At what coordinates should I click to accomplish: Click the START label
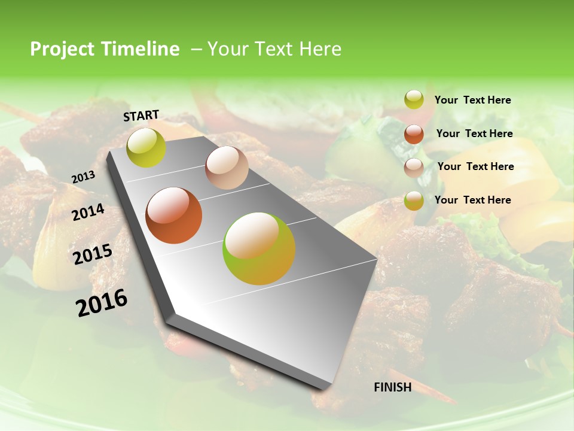click(141, 116)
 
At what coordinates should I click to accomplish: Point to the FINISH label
click(393, 387)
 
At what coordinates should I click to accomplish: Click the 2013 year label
click(84, 177)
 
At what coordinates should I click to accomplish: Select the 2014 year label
click(88, 212)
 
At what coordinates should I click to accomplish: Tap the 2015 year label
click(93, 254)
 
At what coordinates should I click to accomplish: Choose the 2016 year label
click(102, 302)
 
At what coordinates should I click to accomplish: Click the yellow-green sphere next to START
click(146, 147)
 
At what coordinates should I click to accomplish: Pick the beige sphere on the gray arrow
click(227, 168)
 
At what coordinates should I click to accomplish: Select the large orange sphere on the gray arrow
click(174, 215)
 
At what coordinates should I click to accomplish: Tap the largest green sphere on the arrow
click(259, 248)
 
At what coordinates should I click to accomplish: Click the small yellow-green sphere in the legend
click(414, 99)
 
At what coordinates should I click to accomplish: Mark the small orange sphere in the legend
click(414, 134)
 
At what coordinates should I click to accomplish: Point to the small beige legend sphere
click(414, 168)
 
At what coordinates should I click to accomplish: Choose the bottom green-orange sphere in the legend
click(414, 201)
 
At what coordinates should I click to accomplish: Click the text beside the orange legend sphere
click(474, 133)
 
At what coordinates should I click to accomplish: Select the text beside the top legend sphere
click(472, 100)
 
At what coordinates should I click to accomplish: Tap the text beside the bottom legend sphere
click(472, 200)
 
